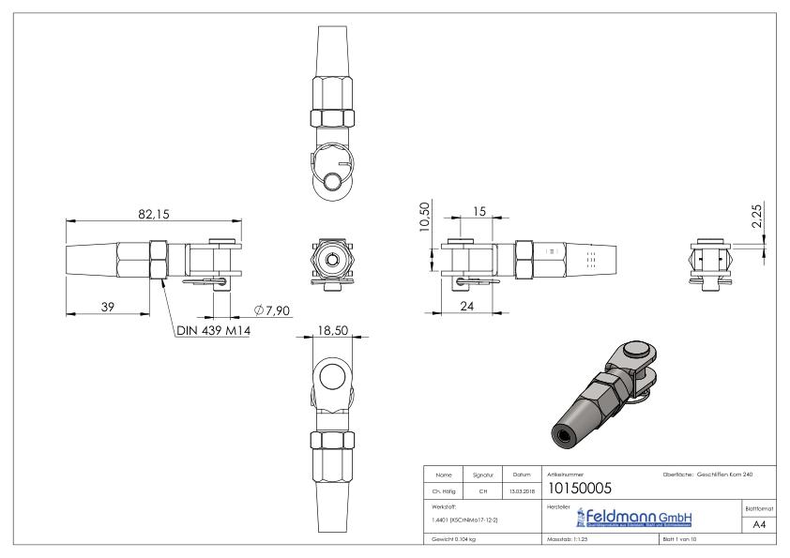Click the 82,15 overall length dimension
[x=153, y=215]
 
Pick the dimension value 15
[x=479, y=212]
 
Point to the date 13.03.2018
[x=522, y=489]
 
